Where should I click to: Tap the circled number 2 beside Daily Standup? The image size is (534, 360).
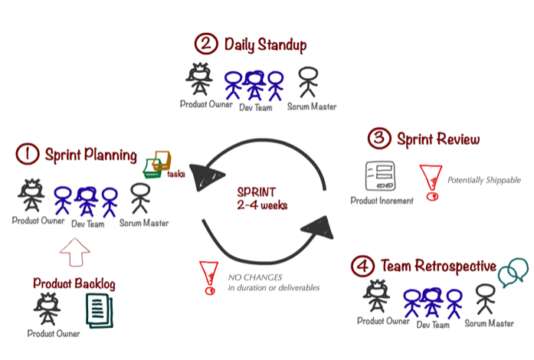click(205, 44)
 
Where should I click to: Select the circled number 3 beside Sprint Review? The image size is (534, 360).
click(378, 139)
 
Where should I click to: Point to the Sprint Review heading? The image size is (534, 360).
click(438, 139)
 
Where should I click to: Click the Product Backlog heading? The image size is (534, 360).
click(74, 283)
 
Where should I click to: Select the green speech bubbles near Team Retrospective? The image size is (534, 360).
click(513, 271)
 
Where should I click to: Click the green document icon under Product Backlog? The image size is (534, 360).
click(98, 312)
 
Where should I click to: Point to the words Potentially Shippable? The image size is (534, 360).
click(484, 180)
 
